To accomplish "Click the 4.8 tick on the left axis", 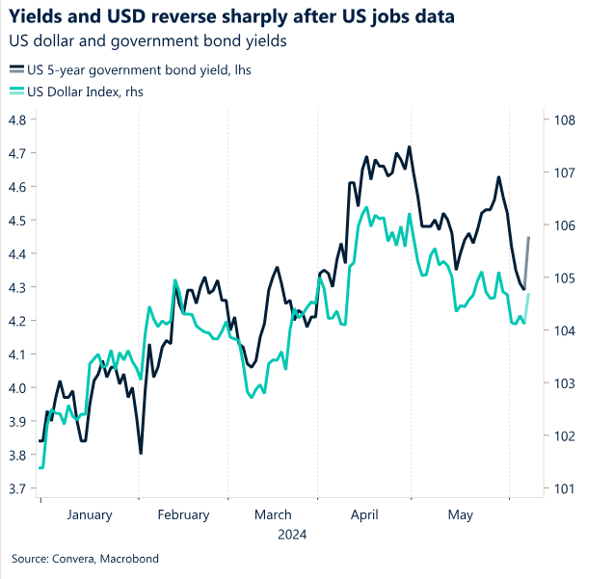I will pos(18,120).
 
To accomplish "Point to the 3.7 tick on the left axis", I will pos(18,488).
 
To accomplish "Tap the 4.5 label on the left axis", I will pos(18,221).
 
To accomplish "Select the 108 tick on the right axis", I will pos(565,120).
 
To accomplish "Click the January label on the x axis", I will pos(91,515).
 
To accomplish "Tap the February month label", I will pos(182,515).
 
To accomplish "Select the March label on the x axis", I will pos(273,515).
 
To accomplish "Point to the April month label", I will pos(365,515).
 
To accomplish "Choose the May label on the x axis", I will pos(461,515).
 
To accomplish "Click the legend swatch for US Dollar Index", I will pos(16,92).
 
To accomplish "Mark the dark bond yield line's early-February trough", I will pos(141,453).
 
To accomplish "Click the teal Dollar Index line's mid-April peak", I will pos(366,206).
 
